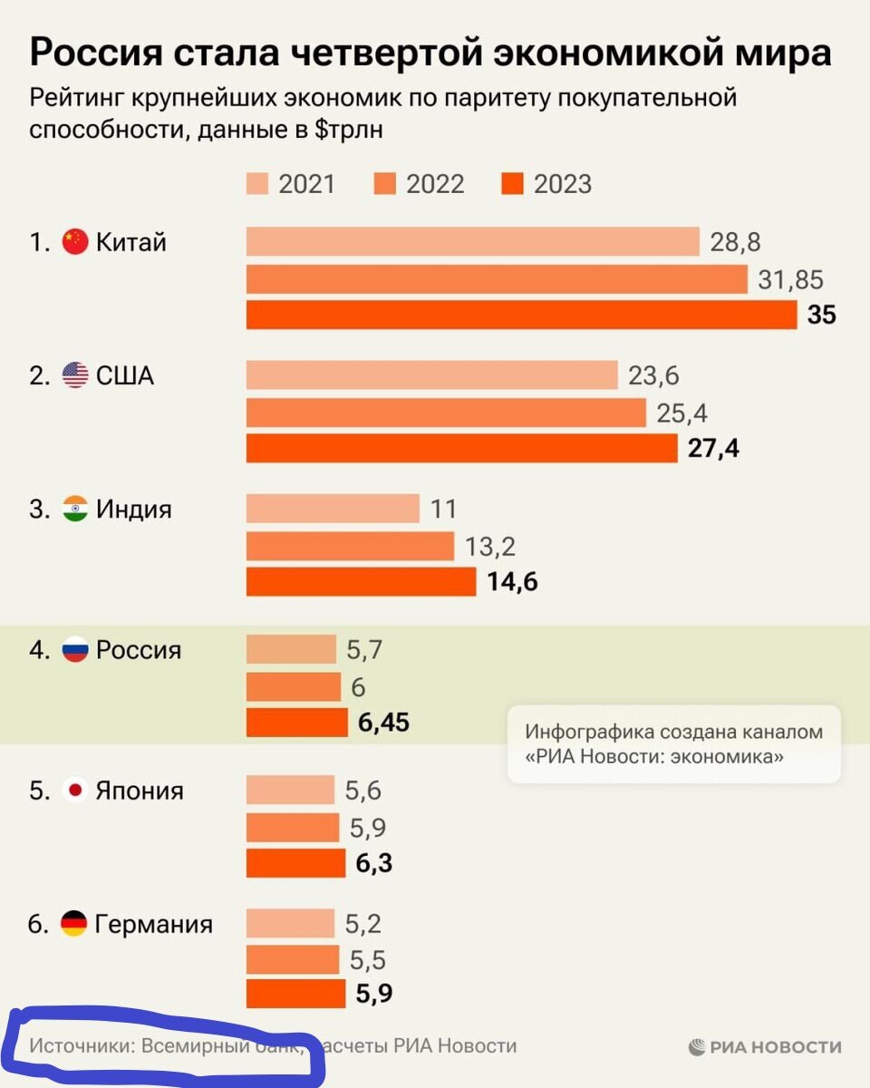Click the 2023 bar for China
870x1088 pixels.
coord(521,315)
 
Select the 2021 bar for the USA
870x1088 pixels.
coord(431,374)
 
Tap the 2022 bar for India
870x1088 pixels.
coord(350,546)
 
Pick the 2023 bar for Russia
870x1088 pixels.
coord(296,723)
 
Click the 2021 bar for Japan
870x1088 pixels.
coord(290,791)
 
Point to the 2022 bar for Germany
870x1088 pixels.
coord(291,959)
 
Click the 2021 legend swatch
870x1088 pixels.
coord(257,184)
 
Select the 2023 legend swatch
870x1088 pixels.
coord(513,184)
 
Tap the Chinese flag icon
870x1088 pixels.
coord(74,242)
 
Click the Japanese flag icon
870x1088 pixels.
coord(74,791)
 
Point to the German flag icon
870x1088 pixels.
coord(74,924)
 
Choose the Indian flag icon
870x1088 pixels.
coord(74,509)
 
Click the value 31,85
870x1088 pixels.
coord(790,280)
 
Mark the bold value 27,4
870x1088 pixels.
coord(713,449)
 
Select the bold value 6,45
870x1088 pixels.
coord(384,723)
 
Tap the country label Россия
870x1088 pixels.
coord(139,650)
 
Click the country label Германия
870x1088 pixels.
coord(154,924)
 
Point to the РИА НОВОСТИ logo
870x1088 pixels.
coord(765,1047)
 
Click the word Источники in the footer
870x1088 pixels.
coord(82,1045)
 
